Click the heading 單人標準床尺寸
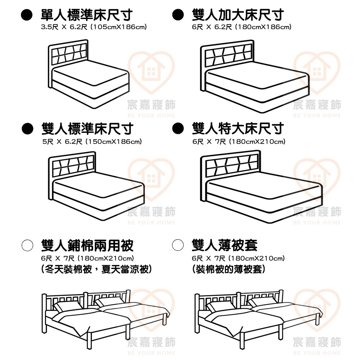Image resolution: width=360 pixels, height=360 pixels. point(86,15)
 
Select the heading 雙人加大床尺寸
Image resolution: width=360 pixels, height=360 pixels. point(238,15)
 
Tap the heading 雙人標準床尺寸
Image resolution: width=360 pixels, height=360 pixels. point(87,129)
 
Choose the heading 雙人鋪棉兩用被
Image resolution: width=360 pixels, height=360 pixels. point(87,245)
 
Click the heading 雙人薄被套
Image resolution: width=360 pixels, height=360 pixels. point(225,245)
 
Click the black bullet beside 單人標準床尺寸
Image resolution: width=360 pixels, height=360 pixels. point(27,15)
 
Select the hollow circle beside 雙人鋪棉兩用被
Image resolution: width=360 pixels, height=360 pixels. point(27,245)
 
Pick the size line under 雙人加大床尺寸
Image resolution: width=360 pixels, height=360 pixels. point(242,27)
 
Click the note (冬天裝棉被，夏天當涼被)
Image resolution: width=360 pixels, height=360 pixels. point(96,269)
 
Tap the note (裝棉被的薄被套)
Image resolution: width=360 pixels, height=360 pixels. point(229,269)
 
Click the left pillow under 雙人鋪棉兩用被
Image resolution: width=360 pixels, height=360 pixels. point(67,307)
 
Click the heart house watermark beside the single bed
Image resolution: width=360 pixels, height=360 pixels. point(151,73)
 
